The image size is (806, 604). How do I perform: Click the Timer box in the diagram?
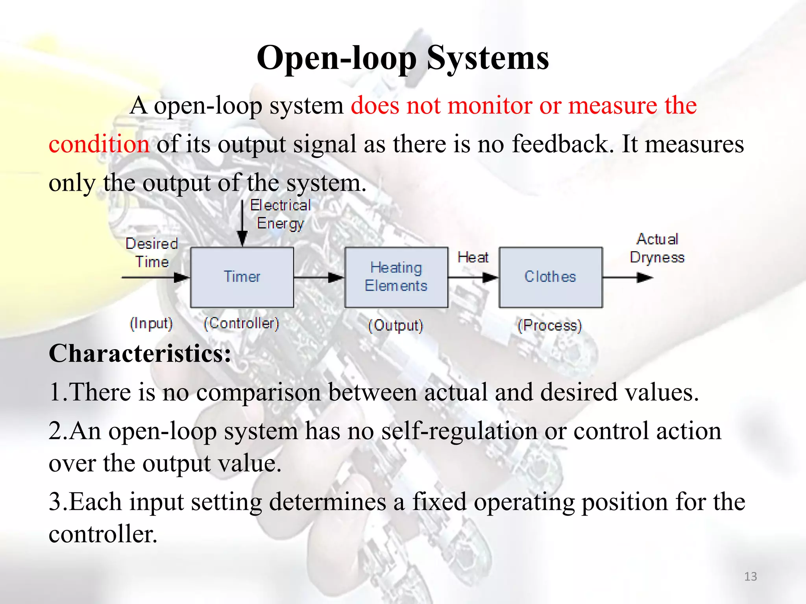[242, 277]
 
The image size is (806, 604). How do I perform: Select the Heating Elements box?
[396, 277]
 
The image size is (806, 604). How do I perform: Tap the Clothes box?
[550, 277]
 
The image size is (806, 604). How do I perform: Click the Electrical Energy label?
[280, 214]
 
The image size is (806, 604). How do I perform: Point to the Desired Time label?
[152, 253]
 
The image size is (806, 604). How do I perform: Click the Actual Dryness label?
[657, 248]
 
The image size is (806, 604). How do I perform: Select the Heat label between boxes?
[473, 258]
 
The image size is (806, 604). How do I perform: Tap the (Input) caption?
[152, 324]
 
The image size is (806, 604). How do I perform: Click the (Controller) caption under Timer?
[241, 324]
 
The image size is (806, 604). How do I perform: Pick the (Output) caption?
[396, 326]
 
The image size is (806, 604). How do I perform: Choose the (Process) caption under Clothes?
[549, 326]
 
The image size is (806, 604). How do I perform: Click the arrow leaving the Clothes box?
[628, 277]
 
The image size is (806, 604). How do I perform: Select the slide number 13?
[751, 576]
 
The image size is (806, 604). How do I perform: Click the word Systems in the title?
[488, 58]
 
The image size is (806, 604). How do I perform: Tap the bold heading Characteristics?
[140, 353]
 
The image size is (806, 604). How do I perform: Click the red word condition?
[99, 144]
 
